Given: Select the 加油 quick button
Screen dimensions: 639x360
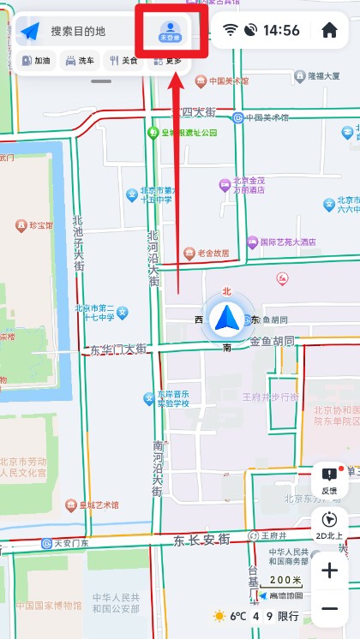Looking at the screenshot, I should point(36,61).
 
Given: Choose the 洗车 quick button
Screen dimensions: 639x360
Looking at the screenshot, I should point(80,61).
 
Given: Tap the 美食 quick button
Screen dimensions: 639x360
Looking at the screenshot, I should point(123,61).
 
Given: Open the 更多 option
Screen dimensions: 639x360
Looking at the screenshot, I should point(168,61).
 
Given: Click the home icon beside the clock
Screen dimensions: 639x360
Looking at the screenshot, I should point(329,31).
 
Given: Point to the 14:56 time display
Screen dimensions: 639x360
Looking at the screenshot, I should point(281,31).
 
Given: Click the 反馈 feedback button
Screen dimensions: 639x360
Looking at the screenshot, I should point(329,480).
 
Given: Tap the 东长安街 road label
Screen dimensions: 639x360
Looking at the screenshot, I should point(201,540).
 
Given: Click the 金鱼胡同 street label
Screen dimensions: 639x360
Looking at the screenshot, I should point(272,341).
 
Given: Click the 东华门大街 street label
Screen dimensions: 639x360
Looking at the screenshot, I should point(118,349).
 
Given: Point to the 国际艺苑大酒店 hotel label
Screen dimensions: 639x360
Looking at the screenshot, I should point(287,242).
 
